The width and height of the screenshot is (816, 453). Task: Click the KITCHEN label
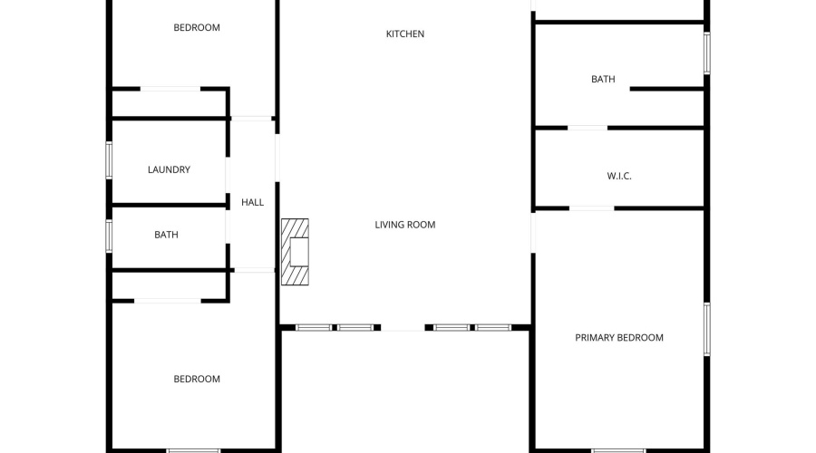405,34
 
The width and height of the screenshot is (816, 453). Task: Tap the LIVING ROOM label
405,225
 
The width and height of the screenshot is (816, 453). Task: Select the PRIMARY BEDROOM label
618,338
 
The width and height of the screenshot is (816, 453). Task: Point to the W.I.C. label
618,176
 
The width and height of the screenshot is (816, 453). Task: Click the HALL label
252,202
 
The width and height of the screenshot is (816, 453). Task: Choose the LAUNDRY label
169,169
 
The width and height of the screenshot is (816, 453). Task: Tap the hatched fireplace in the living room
295,252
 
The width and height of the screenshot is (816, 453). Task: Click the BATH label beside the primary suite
603,79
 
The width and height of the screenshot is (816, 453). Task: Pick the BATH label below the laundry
166,235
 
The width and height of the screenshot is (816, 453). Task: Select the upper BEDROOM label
197,27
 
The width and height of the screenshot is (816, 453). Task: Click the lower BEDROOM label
197,379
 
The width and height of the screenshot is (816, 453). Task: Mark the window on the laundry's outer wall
109,160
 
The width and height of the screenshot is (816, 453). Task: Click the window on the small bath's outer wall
109,236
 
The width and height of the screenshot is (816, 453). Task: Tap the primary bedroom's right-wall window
706,329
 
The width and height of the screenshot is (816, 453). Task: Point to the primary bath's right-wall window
706,53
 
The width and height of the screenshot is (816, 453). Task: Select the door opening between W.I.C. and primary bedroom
592,208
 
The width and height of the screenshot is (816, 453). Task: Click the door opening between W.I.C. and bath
588,128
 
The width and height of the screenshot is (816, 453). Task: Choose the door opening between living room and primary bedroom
533,233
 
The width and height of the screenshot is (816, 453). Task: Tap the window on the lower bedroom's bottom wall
194,450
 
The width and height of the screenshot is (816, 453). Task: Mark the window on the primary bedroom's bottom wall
618,450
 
